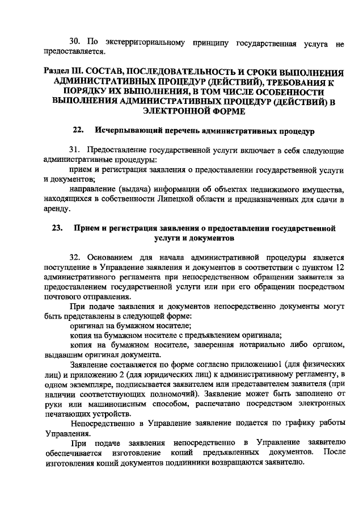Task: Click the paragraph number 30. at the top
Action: pyautogui.click(x=76, y=42)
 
